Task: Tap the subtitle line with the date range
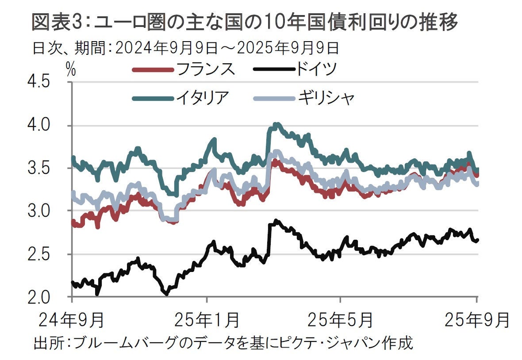[186, 47]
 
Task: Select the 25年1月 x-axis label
[207, 319]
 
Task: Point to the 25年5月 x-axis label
[340, 319]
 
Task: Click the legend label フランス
[205, 69]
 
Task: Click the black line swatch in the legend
[273, 69]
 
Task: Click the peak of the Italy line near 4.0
[276, 125]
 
